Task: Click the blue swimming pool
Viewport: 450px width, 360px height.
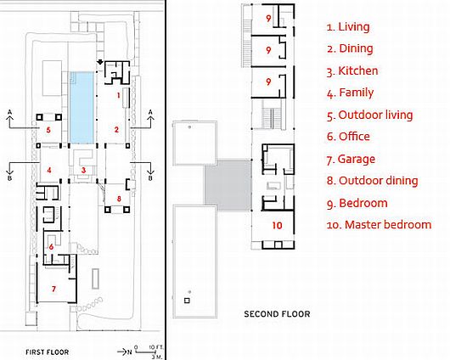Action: pos(82,107)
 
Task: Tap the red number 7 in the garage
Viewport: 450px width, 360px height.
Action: pos(53,289)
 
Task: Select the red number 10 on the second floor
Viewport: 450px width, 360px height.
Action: pos(277,225)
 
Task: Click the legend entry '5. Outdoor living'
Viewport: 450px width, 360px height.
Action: pos(369,115)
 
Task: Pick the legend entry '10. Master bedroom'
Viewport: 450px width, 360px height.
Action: pos(379,225)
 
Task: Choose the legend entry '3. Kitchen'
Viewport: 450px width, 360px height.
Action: pos(352,71)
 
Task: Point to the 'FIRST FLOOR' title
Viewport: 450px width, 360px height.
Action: pos(47,352)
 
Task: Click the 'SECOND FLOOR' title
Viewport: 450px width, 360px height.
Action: pos(277,314)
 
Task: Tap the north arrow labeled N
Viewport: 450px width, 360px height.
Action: pos(125,352)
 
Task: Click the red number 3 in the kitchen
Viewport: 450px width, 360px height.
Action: pos(83,170)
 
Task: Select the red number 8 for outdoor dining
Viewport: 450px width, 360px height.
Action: pos(119,199)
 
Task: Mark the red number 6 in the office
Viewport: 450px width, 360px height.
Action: pos(51,246)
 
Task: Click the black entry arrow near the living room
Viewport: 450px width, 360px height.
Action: pos(100,62)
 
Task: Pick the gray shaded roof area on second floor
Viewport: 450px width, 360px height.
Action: pos(228,186)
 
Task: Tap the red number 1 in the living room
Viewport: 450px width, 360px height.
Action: pos(118,95)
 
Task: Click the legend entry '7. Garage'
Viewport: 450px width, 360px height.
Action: pos(351,159)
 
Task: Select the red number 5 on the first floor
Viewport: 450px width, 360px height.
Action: pos(48,130)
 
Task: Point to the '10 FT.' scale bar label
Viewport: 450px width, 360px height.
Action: pos(156,347)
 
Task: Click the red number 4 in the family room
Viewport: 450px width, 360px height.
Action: pos(49,170)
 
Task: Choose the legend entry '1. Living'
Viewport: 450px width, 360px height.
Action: pos(348,26)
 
